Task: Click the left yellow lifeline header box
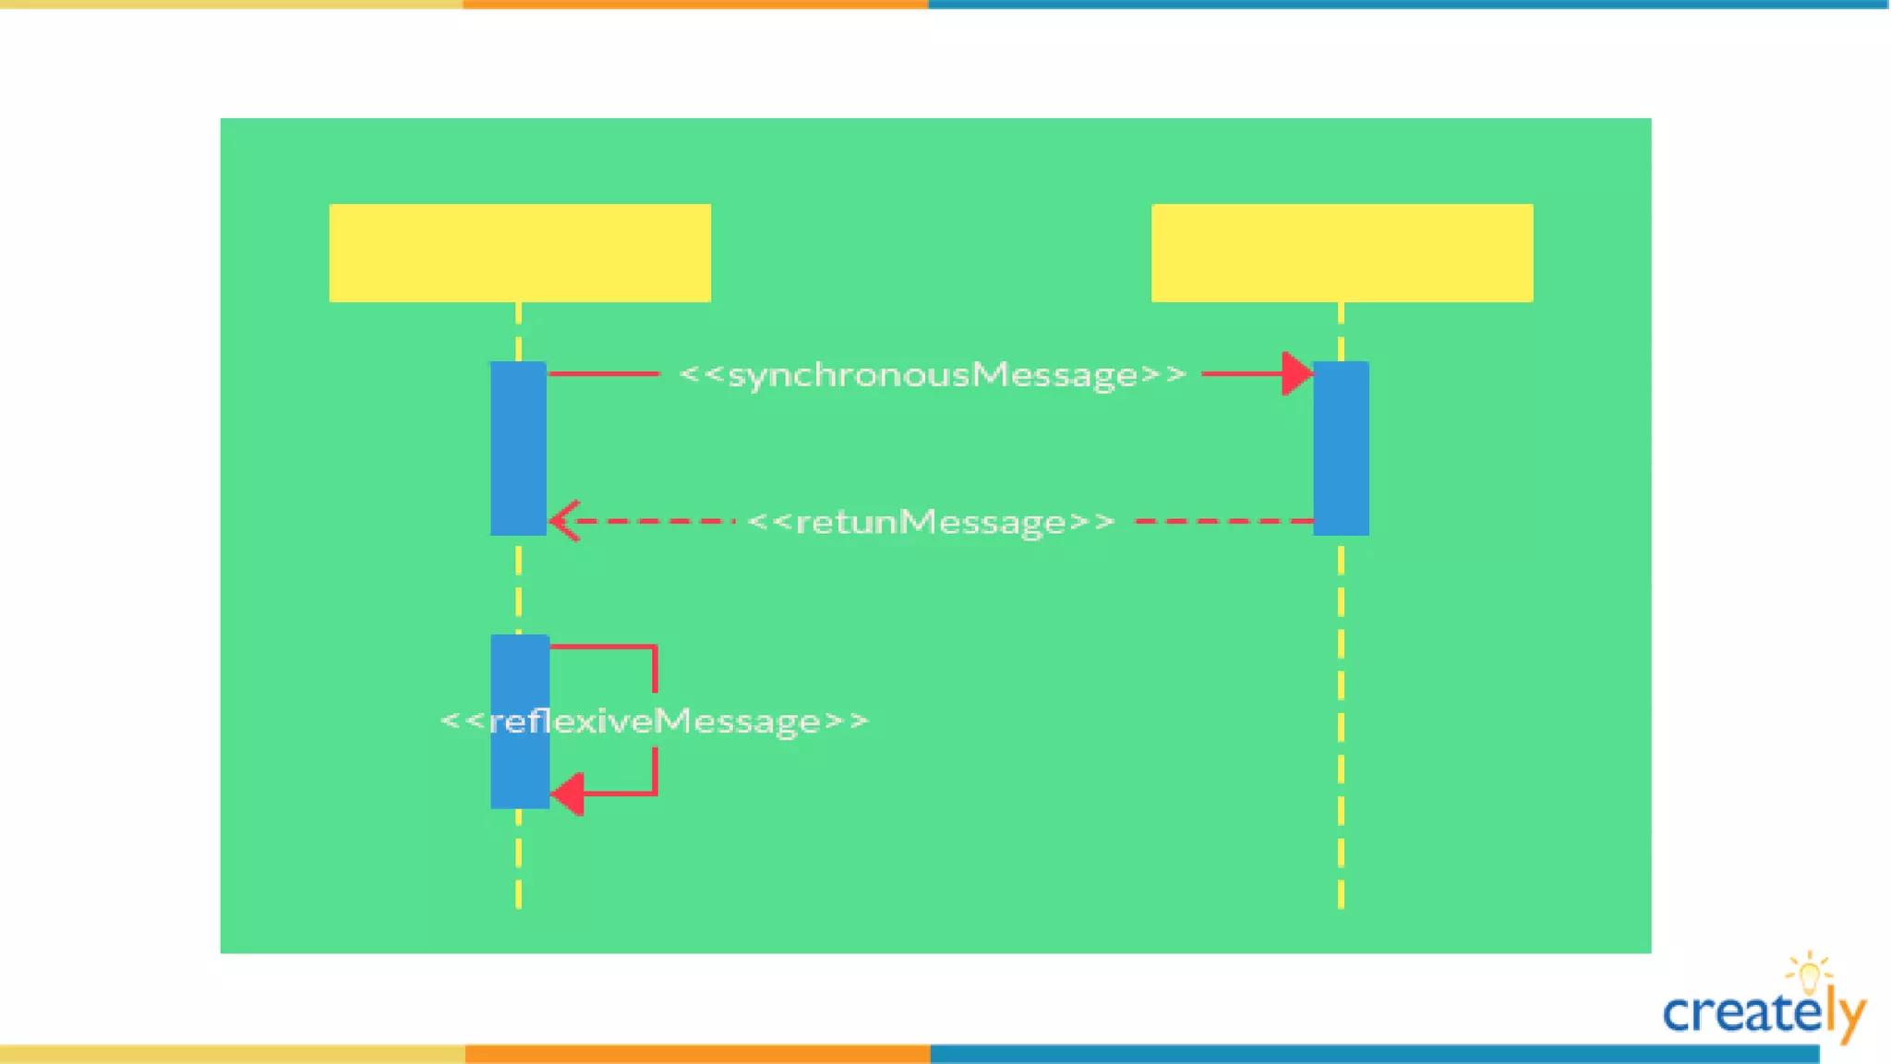point(520,252)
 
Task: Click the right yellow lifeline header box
point(1342,252)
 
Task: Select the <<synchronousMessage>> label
point(932,375)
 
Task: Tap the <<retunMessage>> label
point(931,522)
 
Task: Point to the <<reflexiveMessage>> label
point(655,720)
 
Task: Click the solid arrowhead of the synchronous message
point(1297,374)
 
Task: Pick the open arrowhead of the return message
point(563,521)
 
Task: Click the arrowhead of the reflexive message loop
point(568,793)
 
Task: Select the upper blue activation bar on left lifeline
point(518,448)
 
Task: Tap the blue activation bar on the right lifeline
point(1341,448)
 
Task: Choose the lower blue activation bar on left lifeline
point(520,721)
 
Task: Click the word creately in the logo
point(1754,1014)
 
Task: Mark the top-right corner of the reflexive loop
point(655,647)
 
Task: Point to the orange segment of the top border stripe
point(695,5)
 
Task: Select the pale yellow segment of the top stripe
point(231,5)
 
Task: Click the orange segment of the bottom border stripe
point(697,1054)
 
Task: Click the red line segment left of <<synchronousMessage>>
point(604,374)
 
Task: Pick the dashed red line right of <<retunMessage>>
point(1223,522)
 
